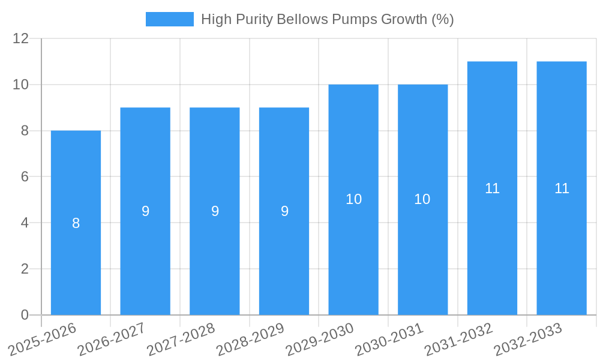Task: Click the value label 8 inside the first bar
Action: (x=76, y=223)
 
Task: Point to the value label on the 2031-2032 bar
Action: (x=492, y=188)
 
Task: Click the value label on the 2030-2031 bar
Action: (x=422, y=199)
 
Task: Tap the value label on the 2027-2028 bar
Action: (x=215, y=211)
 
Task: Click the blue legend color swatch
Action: (x=170, y=19)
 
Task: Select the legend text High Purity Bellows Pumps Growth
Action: (x=327, y=19)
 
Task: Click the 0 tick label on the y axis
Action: (x=25, y=315)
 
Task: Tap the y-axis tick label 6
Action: (x=25, y=177)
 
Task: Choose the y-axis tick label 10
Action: (x=21, y=85)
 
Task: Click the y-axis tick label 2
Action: (x=25, y=269)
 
